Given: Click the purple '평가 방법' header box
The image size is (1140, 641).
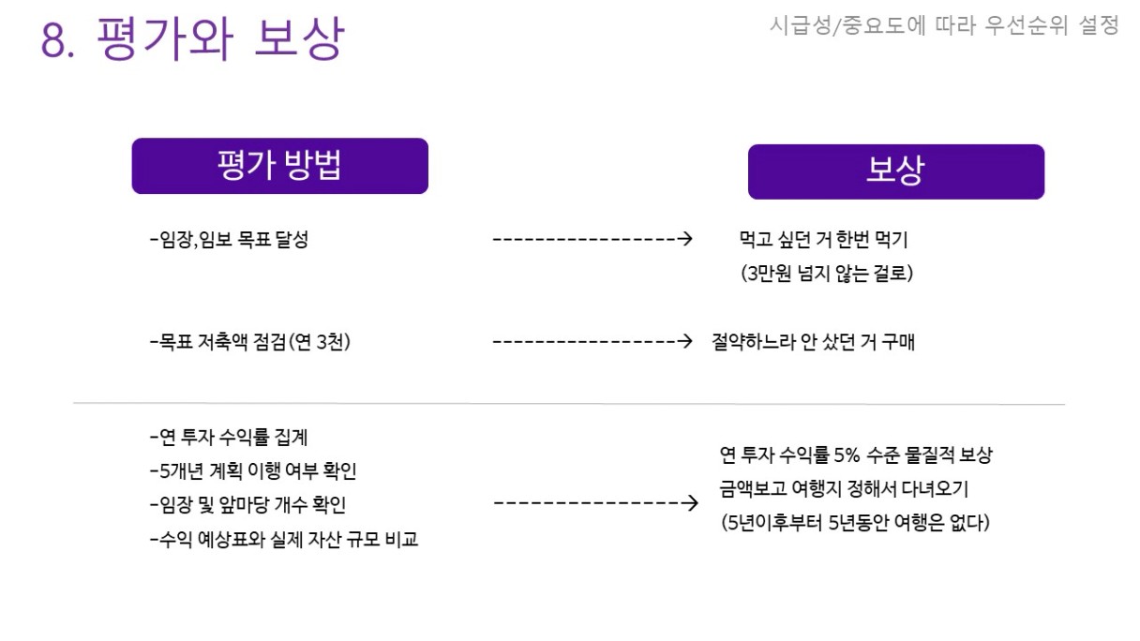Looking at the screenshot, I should [x=279, y=166].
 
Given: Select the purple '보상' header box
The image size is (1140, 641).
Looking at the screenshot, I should [x=895, y=171].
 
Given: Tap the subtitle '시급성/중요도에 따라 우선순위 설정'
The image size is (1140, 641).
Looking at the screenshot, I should [x=944, y=26].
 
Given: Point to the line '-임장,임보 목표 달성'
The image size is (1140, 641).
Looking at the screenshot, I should [x=229, y=240].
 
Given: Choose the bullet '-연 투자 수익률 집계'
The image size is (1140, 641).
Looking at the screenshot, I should [x=229, y=437].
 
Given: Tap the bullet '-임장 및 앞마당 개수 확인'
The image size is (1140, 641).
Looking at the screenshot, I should [x=248, y=505].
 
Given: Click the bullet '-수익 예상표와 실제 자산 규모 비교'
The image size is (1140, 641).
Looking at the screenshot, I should [x=284, y=540].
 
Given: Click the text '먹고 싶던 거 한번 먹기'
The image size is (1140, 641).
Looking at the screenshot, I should [x=823, y=240].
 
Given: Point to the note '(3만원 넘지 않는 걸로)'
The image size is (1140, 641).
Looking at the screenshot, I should [x=826, y=274].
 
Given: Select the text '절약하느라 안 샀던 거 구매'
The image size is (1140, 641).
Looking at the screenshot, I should [x=813, y=342].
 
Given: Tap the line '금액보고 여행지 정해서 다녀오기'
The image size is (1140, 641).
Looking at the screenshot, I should [x=844, y=488].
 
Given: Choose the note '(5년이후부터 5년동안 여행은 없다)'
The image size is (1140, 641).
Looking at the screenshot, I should [x=855, y=522].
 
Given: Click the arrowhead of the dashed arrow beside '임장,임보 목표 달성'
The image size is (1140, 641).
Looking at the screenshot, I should [x=685, y=239].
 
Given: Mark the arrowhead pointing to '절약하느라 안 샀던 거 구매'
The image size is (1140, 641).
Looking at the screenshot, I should [x=685, y=341].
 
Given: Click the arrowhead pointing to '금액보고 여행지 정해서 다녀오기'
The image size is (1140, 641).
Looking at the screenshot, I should [x=692, y=504].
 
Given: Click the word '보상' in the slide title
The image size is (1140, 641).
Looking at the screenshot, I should [x=299, y=40].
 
